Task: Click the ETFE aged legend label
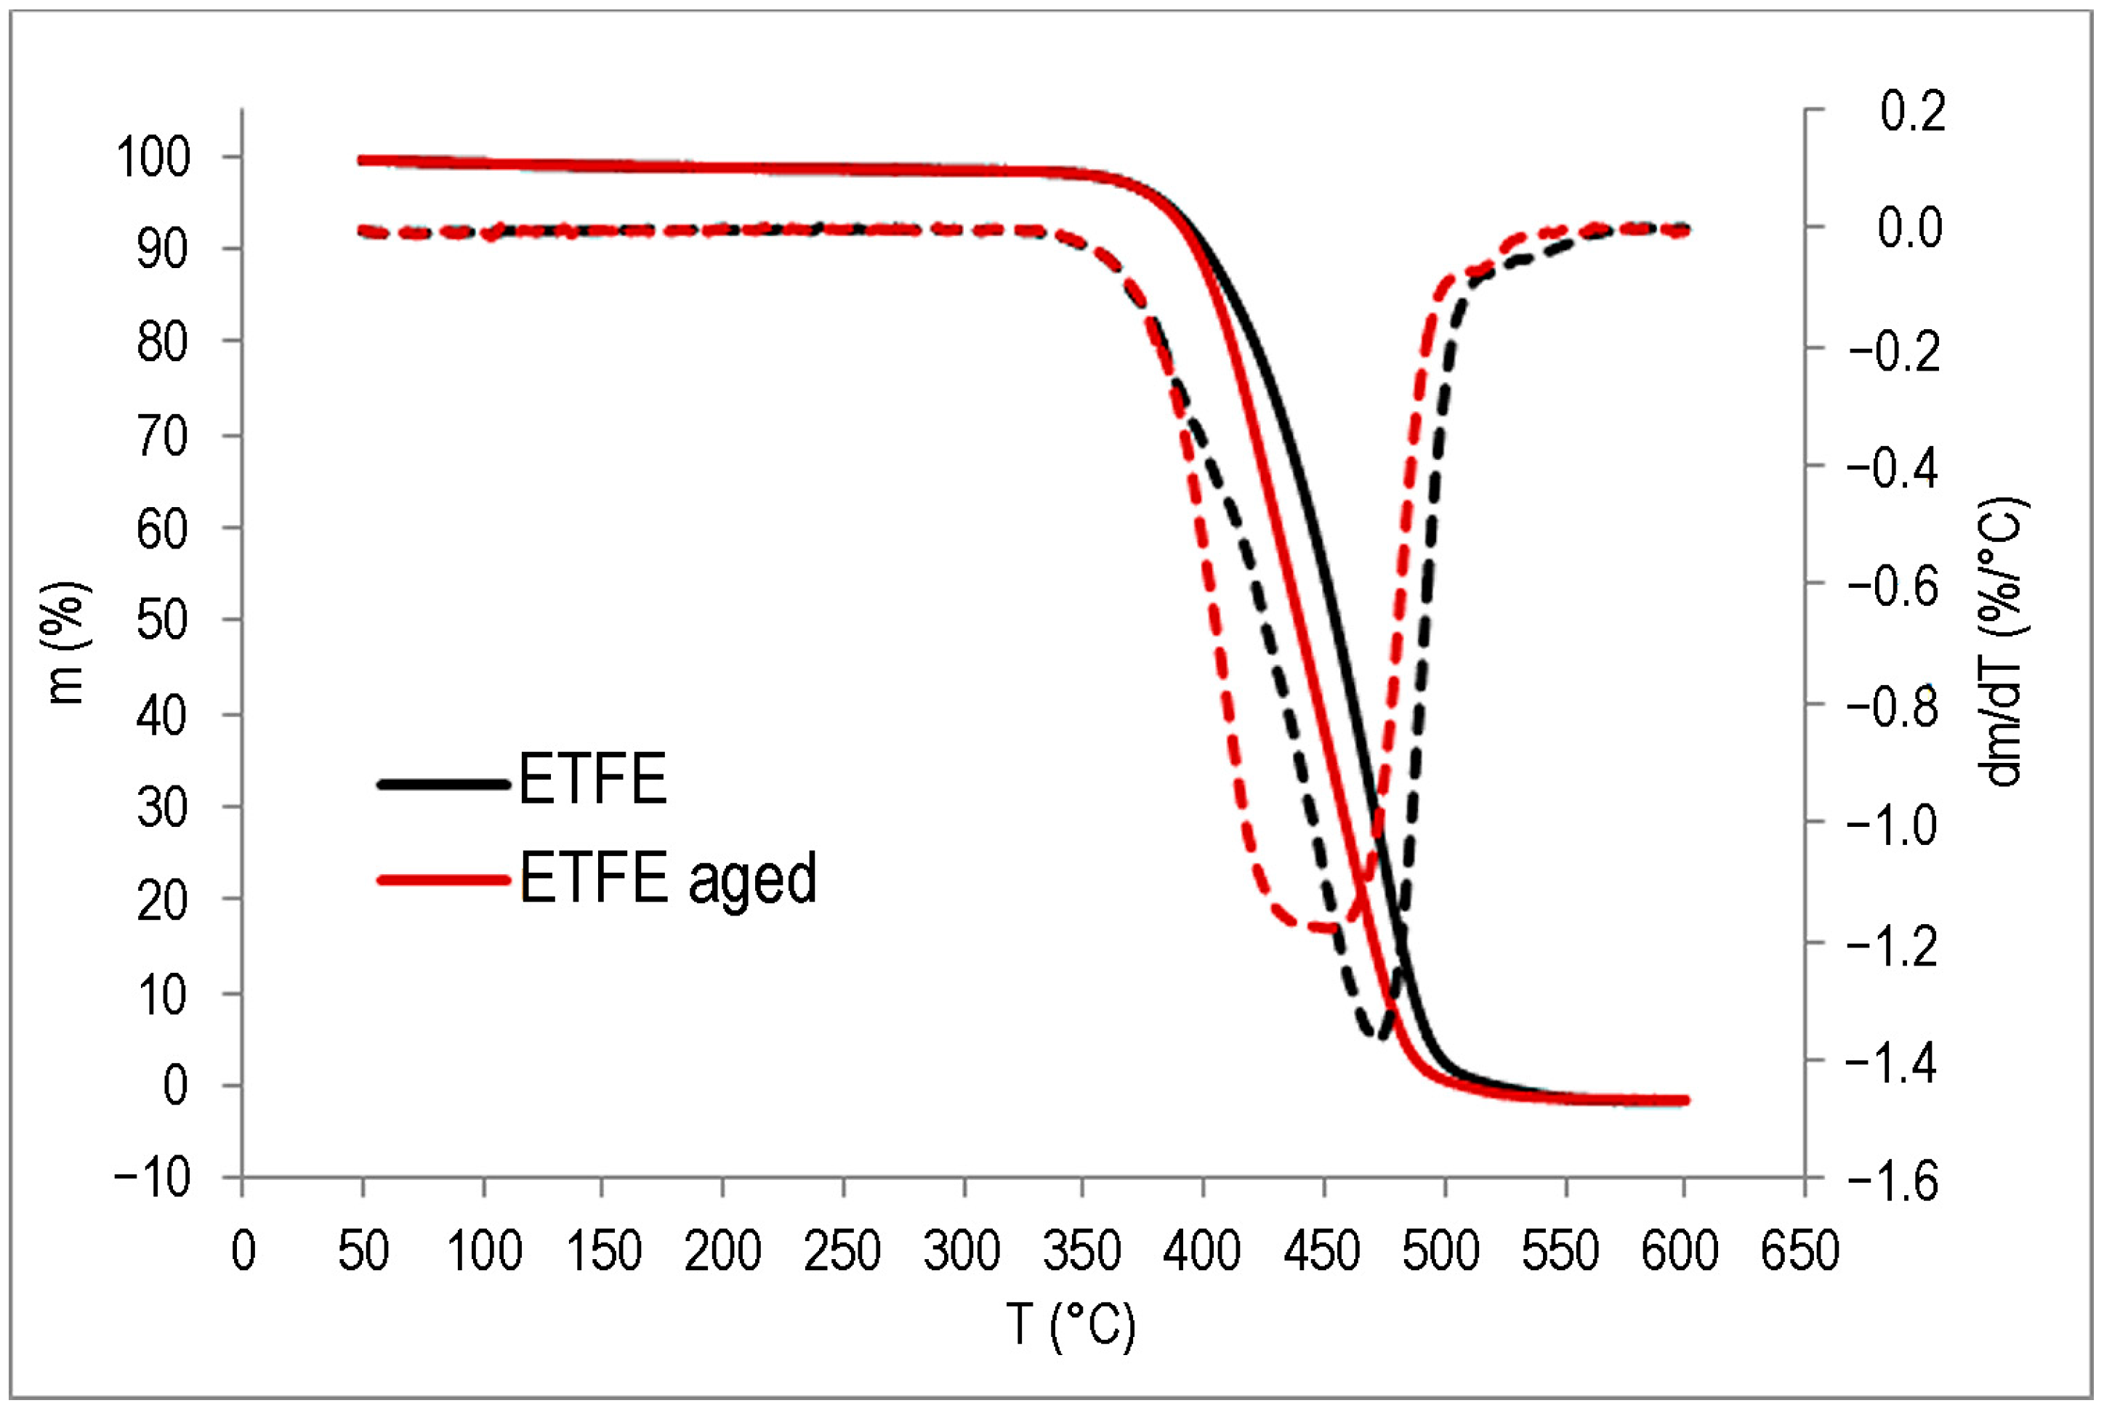(668, 879)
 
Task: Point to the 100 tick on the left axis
(153, 158)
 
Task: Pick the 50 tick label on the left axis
(163, 621)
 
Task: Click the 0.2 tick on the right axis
(1911, 112)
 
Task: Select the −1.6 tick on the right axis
(1893, 1181)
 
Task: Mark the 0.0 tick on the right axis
(1910, 227)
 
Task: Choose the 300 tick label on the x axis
(962, 1252)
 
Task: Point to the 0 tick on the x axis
(243, 1252)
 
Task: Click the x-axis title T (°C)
(1071, 1325)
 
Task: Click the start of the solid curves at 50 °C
(363, 160)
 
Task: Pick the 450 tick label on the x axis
(1322, 1252)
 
